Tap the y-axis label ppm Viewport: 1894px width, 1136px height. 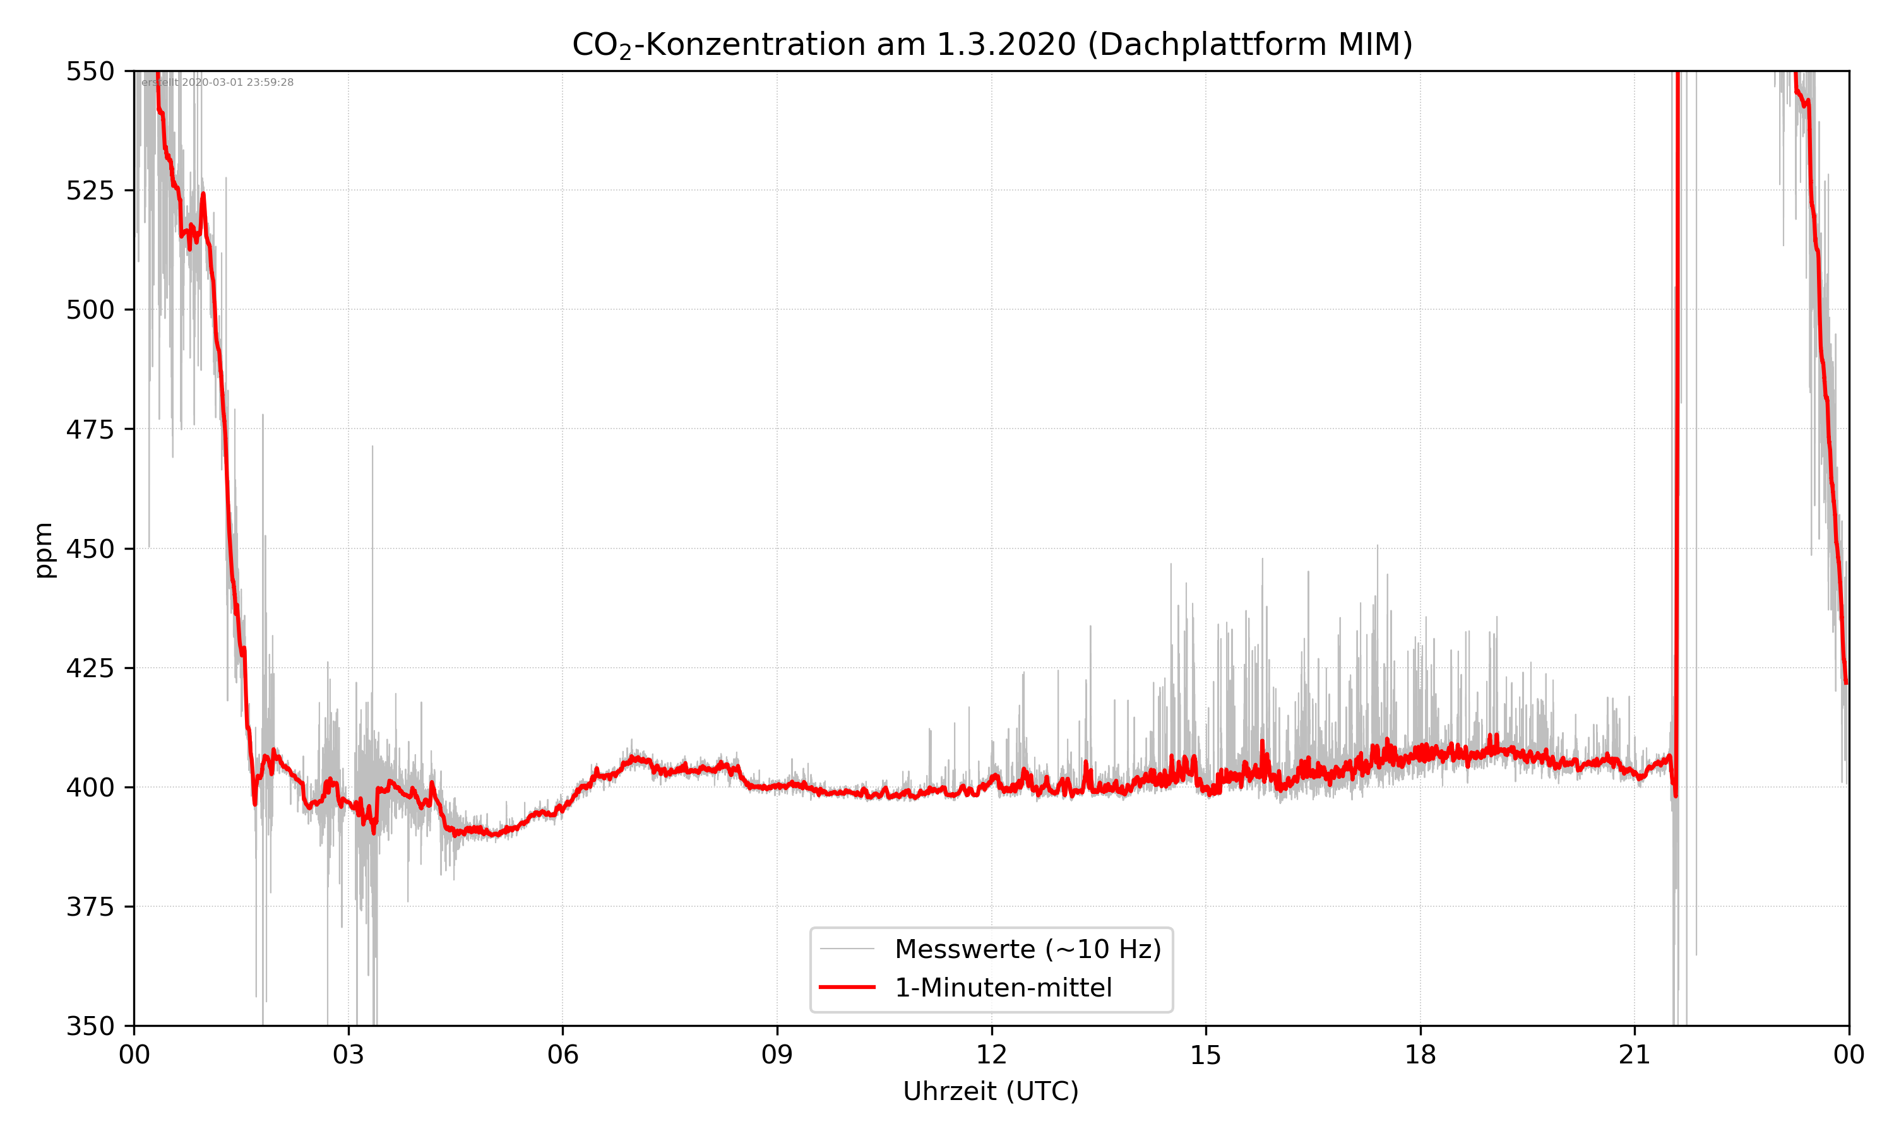point(44,550)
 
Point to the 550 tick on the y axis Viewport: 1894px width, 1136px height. point(90,71)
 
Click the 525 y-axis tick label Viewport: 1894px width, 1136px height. point(90,191)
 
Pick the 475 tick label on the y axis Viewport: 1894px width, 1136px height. point(90,429)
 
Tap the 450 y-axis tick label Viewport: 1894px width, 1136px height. point(90,549)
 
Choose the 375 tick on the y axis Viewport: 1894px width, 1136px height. point(90,907)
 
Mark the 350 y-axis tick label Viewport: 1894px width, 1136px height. point(90,1027)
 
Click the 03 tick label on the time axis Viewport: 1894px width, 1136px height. point(348,1055)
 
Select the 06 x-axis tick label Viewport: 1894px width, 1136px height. point(563,1055)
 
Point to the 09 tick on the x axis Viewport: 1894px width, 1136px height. point(777,1055)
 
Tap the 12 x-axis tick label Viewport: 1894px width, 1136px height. point(991,1055)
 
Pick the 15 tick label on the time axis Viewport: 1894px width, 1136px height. point(1206,1055)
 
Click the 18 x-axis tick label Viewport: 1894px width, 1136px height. point(1420,1055)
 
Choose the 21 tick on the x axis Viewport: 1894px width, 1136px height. point(1635,1055)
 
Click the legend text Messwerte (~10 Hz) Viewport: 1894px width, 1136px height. point(1027,949)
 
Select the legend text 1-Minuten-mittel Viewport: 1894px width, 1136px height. point(1003,988)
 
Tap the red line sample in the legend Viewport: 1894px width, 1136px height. point(847,988)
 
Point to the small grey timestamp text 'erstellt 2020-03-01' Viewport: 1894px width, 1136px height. point(217,83)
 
